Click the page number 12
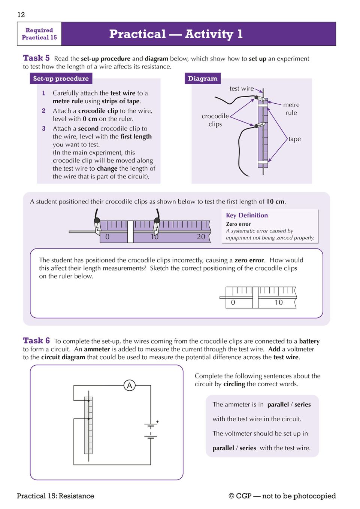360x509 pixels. coord(21,15)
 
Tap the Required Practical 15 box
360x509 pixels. coord(39,34)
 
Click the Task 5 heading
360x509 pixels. coord(36,58)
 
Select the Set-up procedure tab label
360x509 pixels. coord(61,79)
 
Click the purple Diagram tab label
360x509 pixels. coord(202,79)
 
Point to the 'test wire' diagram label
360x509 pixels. coord(241,89)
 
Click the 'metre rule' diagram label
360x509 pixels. coord(291,109)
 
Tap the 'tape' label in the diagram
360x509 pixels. coord(294,139)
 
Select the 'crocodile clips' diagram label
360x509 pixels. coord(215,120)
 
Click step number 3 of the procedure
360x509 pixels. coord(44,128)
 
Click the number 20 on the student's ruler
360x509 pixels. coord(201,237)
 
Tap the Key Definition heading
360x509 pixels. coord(247,215)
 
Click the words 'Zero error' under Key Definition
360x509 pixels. coord(238,224)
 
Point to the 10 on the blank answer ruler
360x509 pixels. coord(279,302)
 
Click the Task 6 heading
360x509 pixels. coord(36,341)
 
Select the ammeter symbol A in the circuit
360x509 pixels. coord(130,385)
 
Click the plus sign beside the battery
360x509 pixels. coord(157,422)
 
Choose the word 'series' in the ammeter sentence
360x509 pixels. coord(303,405)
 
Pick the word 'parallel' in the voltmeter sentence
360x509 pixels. coord(223,448)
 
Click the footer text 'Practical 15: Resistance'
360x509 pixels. coord(55,496)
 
